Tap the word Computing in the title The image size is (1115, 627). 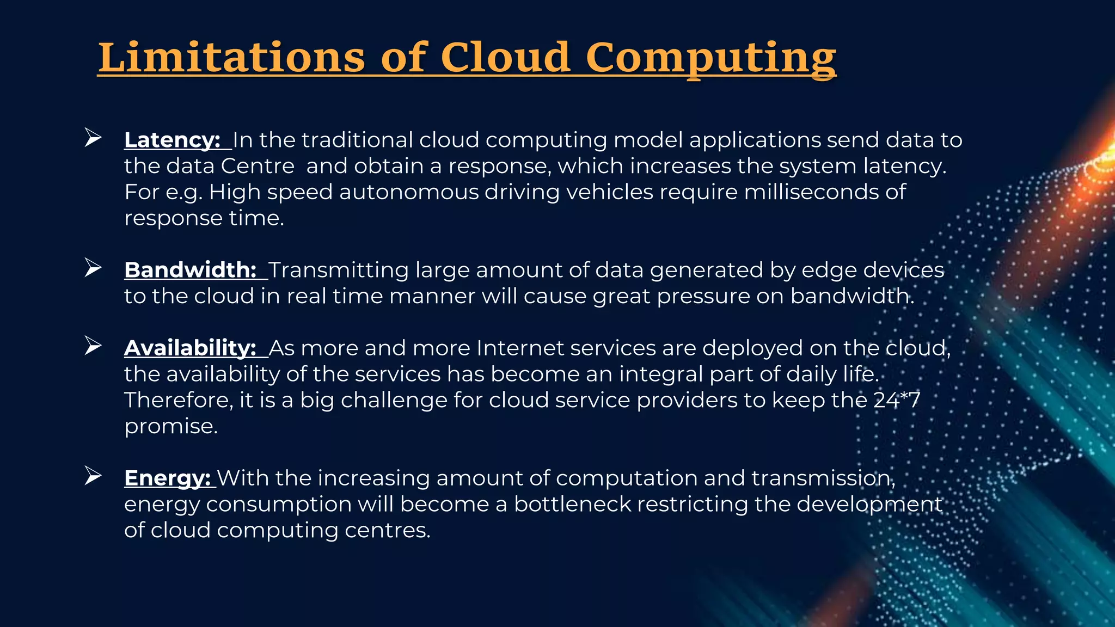(710, 58)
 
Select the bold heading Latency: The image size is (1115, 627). (172, 140)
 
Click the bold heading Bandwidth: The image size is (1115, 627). (191, 270)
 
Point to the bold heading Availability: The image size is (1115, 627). (190, 348)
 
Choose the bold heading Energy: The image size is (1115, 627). (167, 478)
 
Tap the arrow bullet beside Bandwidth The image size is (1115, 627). (93, 267)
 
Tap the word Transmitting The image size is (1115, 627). (338, 270)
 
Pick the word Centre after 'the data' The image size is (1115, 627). (258, 166)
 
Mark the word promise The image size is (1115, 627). (170, 427)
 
